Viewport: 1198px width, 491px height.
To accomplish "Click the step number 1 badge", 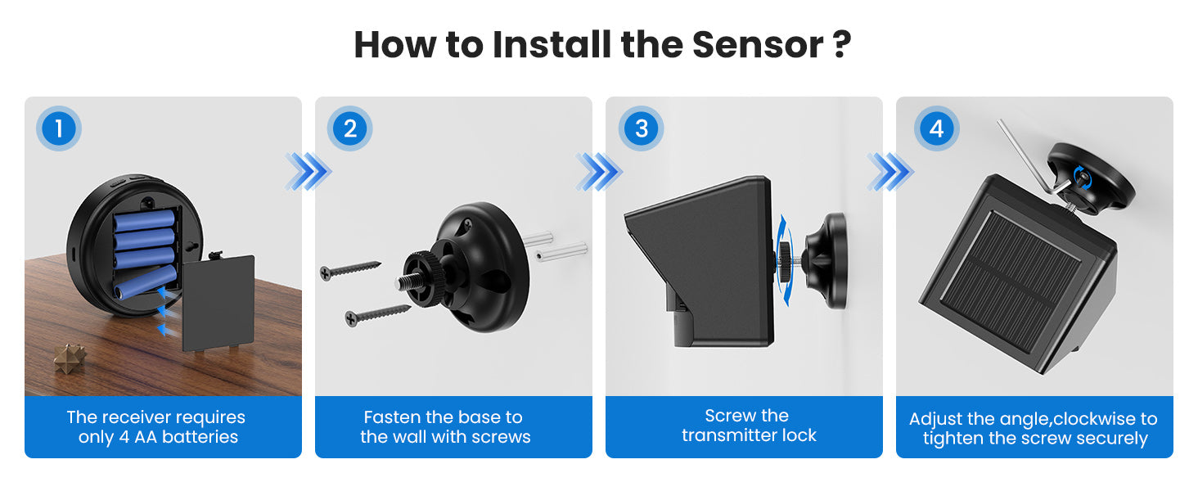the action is point(59,128).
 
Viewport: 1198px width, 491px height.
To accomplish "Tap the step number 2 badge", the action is point(349,128).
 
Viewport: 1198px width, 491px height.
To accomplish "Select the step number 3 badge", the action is point(641,128).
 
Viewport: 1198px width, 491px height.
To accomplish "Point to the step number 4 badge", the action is point(936,128).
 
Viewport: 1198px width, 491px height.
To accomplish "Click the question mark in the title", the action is point(842,44).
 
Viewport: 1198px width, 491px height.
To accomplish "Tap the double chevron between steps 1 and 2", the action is point(308,172).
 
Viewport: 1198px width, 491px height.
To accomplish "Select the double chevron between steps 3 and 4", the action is point(890,172).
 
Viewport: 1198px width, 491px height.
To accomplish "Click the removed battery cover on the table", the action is point(218,303).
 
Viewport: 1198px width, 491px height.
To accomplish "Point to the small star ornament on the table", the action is point(70,358).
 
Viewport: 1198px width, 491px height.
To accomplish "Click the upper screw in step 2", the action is point(350,270).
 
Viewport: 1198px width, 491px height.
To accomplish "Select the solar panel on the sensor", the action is point(1011,282).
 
